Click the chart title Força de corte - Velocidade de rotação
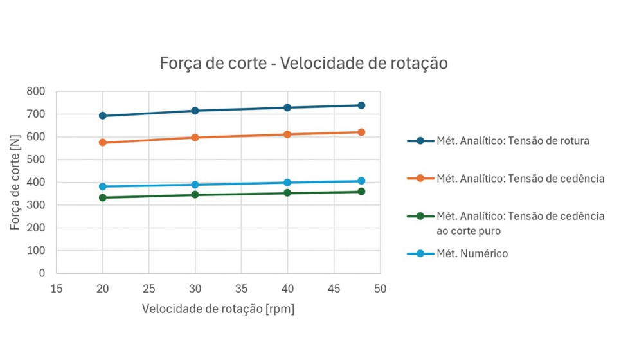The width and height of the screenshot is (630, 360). coord(303,64)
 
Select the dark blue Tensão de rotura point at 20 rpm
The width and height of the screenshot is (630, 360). coord(103,116)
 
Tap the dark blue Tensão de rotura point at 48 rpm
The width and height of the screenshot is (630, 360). coord(361,105)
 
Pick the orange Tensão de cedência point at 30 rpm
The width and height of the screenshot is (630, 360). coord(195,138)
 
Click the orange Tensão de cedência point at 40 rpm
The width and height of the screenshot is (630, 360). coord(287,134)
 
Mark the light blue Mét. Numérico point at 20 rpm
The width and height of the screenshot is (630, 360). coord(103,186)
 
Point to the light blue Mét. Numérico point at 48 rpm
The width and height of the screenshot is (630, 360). coord(361,181)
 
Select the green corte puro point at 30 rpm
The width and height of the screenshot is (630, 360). coord(195,195)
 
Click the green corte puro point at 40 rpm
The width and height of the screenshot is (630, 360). coord(287,193)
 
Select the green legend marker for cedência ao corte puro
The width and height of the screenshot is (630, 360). coord(420,216)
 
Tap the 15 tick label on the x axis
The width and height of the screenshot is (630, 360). coord(57,289)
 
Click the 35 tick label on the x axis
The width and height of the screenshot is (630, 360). coord(241,289)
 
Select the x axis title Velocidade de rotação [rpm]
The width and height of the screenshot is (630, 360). coord(218,309)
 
